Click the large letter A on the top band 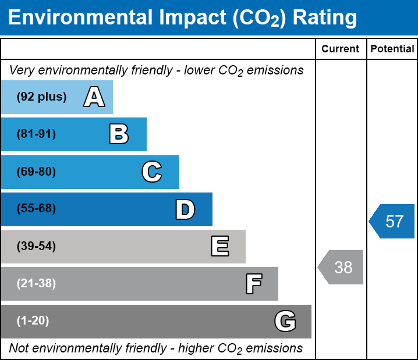click(x=94, y=97)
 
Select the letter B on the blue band click(x=119, y=134)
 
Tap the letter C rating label click(x=151, y=172)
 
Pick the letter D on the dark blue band click(x=185, y=209)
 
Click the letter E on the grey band click(x=219, y=247)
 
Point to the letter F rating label click(x=253, y=284)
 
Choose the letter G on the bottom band click(x=285, y=321)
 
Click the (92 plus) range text click(x=41, y=97)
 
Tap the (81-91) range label click(x=36, y=134)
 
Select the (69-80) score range click(x=36, y=172)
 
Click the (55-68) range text click(x=36, y=209)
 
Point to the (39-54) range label click(x=36, y=247)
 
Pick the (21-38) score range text click(x=36, y=284)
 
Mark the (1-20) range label click(x=33, y=321)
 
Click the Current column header click(x=341, y=49)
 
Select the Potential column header click(x=392, y=49)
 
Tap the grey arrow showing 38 click(x=341, y=268)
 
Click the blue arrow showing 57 click(x=393, y=222)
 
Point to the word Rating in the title click(x=324, y=18)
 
